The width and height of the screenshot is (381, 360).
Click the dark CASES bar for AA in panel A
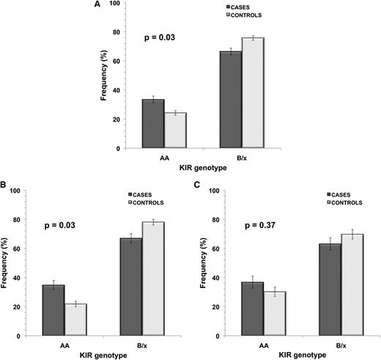click(152, 124)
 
